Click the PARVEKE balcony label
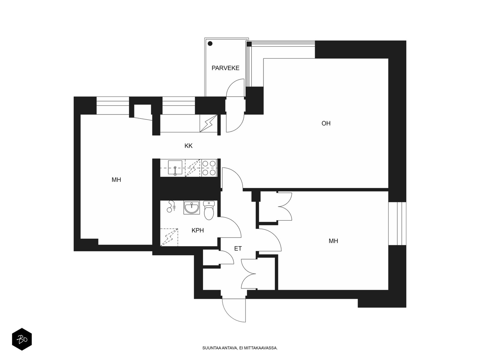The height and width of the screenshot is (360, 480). [x=225, y=68]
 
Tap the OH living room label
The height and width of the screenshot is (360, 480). [x=326, y=123]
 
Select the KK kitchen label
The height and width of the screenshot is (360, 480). [x=188, y=146]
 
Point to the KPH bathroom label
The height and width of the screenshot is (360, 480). [x=197, y=230]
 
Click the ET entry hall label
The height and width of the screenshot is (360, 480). [x=238, y=248]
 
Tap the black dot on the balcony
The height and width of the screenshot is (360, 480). [x=210, y=44]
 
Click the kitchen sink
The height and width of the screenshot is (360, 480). [x=175, y=168]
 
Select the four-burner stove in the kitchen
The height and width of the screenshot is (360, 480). [x=209, y=168]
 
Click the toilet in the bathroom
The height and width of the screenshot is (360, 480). [x=209, y=210]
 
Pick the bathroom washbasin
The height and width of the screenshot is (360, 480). [x=192, y=207]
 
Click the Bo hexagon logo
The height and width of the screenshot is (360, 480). [x=22, y=339]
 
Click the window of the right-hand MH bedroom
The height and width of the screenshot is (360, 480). [x=397, y=223]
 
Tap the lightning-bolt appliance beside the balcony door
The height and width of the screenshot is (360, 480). [x=208, y=123]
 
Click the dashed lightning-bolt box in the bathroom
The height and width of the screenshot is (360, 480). [x=169, y=237]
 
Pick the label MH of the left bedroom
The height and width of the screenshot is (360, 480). [x=116, y=180]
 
